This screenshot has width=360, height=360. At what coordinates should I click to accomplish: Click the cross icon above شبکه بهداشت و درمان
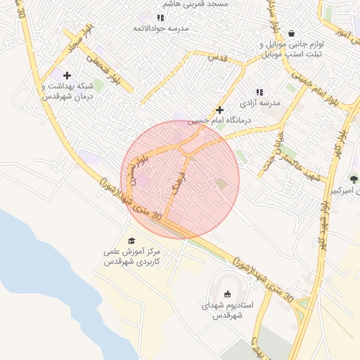tap(67, 75)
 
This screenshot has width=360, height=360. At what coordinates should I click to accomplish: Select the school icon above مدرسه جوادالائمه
tap(160, 18)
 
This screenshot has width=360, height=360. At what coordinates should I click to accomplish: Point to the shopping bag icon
tap(291, 32)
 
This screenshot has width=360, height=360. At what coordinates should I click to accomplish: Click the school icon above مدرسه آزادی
tap(259, 92)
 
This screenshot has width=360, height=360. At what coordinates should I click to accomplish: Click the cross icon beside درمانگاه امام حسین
tap(220, 110)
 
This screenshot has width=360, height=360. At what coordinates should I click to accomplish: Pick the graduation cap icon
tap(132, 240)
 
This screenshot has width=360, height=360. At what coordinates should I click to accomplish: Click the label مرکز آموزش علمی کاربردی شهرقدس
tap(132, 256)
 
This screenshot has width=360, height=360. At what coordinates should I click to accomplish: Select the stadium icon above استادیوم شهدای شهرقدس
tap(226, 295)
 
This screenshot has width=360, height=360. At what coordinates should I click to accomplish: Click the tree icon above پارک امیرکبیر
tap(354, 179)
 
